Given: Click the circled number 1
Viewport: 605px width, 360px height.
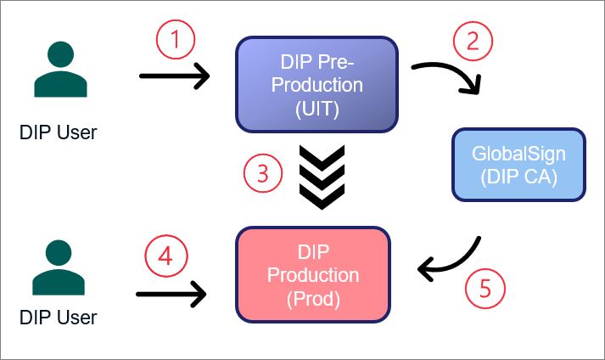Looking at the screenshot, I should point(176,40).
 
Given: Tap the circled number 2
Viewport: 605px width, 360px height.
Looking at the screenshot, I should point(473,40).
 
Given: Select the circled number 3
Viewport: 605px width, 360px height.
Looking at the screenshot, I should point(262,175).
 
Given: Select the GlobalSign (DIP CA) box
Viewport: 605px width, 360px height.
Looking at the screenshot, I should point(518,165).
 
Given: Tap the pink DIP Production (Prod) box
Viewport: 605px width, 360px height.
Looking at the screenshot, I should point(313,275).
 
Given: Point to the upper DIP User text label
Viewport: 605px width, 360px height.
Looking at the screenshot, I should point(59,132).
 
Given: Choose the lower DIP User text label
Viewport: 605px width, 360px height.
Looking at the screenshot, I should point(59,318).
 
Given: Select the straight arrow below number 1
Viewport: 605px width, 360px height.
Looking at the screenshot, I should point(174,76).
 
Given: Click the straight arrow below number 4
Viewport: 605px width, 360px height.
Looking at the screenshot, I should point(171,295).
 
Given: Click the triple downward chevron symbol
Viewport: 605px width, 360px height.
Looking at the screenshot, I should point(322,177).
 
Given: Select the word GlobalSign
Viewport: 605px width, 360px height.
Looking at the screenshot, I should point(518,155).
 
